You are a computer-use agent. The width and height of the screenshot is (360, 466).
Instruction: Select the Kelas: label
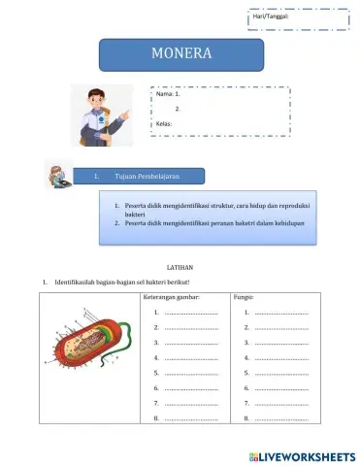(x=164, y=124)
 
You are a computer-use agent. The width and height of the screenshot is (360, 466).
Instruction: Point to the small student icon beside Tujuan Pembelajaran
(x=59, y=175)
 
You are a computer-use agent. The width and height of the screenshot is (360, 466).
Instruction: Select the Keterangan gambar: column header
(x=174, y=297)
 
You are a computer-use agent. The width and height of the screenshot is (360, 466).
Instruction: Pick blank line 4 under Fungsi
(x=280, y=358)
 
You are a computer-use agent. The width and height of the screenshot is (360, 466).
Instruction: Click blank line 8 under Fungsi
(x=280, y=418)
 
